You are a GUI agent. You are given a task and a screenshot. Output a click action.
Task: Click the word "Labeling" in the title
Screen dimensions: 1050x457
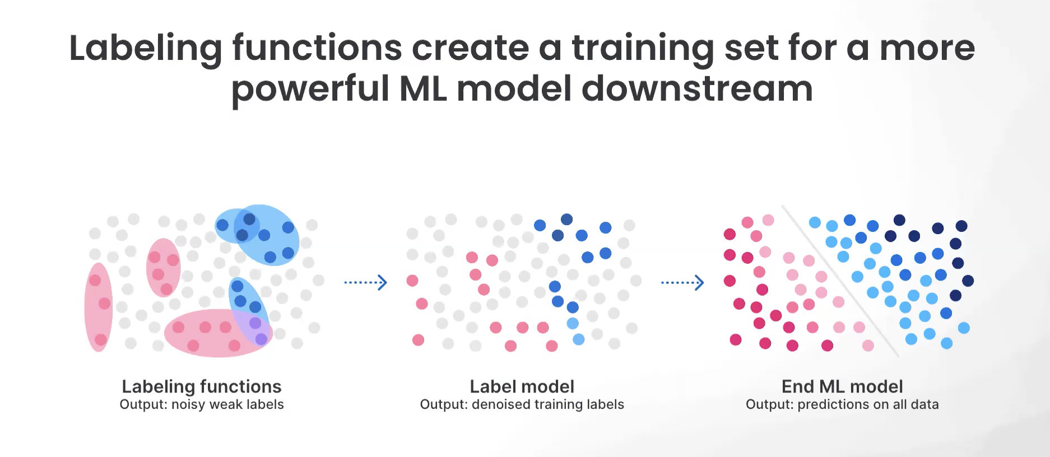coord(146,49)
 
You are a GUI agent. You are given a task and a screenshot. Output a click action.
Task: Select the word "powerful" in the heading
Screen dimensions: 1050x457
coord(310,90)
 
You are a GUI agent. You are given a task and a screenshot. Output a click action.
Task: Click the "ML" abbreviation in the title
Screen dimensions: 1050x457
coord(423,88)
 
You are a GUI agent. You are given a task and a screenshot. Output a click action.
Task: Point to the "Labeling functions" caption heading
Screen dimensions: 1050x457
coord(202,386)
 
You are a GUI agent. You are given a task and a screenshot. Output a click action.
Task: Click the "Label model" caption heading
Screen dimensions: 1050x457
coord(522,386)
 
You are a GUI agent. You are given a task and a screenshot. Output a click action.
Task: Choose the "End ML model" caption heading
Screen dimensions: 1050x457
coord(842,386)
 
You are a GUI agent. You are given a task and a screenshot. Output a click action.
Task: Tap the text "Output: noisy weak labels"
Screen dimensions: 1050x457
coord(202,404)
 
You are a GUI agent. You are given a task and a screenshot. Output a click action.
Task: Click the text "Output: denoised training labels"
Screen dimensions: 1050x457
coord(522,404)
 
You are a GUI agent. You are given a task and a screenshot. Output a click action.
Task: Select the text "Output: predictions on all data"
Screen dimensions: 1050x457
coord(842,404)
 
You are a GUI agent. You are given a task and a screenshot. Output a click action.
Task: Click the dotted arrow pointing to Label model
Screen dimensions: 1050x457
coord(365,282)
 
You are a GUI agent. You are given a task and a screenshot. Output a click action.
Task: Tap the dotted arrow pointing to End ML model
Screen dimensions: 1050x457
coord(682,282)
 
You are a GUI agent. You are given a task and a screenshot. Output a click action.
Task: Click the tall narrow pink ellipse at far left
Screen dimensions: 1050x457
coord(99,307)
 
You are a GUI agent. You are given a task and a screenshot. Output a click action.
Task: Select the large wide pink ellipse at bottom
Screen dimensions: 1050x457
coord(218,333)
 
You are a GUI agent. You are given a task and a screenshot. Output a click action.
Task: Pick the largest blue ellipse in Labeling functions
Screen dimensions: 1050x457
coord(266,235)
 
